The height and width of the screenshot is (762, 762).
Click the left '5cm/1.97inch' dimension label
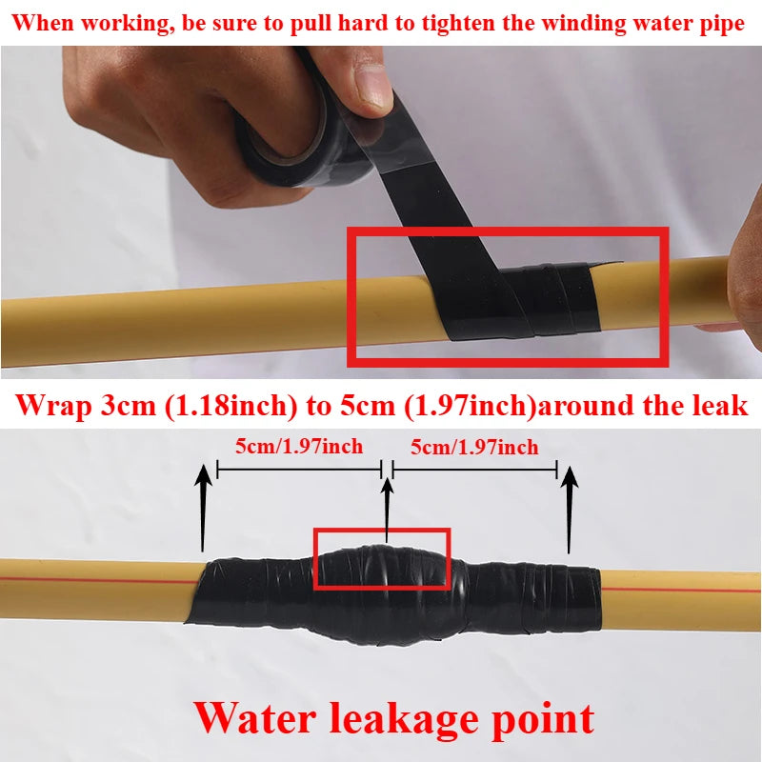tap(300, 446)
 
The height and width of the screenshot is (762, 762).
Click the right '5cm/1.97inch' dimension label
tap(474, 446)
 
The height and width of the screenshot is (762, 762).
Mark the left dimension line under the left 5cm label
tap(299, 469)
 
